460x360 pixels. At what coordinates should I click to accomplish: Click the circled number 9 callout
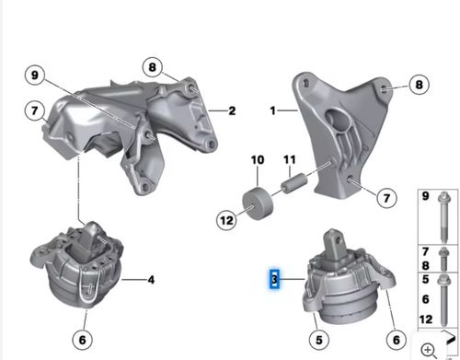point(35,75)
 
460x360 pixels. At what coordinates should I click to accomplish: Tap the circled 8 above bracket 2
point(153,67)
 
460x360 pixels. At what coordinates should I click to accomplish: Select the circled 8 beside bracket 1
point(419,85)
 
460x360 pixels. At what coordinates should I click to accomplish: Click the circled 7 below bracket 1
point(386,198)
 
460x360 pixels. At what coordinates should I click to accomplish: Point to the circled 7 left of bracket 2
point(34,110)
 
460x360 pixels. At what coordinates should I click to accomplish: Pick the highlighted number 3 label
point(274,279)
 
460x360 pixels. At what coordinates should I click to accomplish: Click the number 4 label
point(151,280)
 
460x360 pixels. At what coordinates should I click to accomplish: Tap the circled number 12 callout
point(226,220)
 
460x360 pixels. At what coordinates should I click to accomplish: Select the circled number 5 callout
point(319,340)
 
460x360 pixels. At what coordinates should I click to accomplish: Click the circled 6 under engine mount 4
point(82,340)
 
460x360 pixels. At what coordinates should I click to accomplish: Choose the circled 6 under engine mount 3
point(397,340)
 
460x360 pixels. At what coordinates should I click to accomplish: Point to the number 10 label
point(258,160)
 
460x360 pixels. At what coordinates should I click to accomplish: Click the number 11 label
point(290,159)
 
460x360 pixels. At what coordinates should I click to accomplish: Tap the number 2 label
point(232,110)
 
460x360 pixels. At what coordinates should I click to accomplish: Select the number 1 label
point(272,110)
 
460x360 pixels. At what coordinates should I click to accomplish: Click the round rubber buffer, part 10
point(258,203)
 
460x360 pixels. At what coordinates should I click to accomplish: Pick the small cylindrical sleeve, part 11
point(294,183)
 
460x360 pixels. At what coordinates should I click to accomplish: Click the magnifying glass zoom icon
point(429,350)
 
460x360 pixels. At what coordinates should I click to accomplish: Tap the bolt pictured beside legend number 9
point(444,217)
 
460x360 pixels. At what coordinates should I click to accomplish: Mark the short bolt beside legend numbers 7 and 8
point(444,259)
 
